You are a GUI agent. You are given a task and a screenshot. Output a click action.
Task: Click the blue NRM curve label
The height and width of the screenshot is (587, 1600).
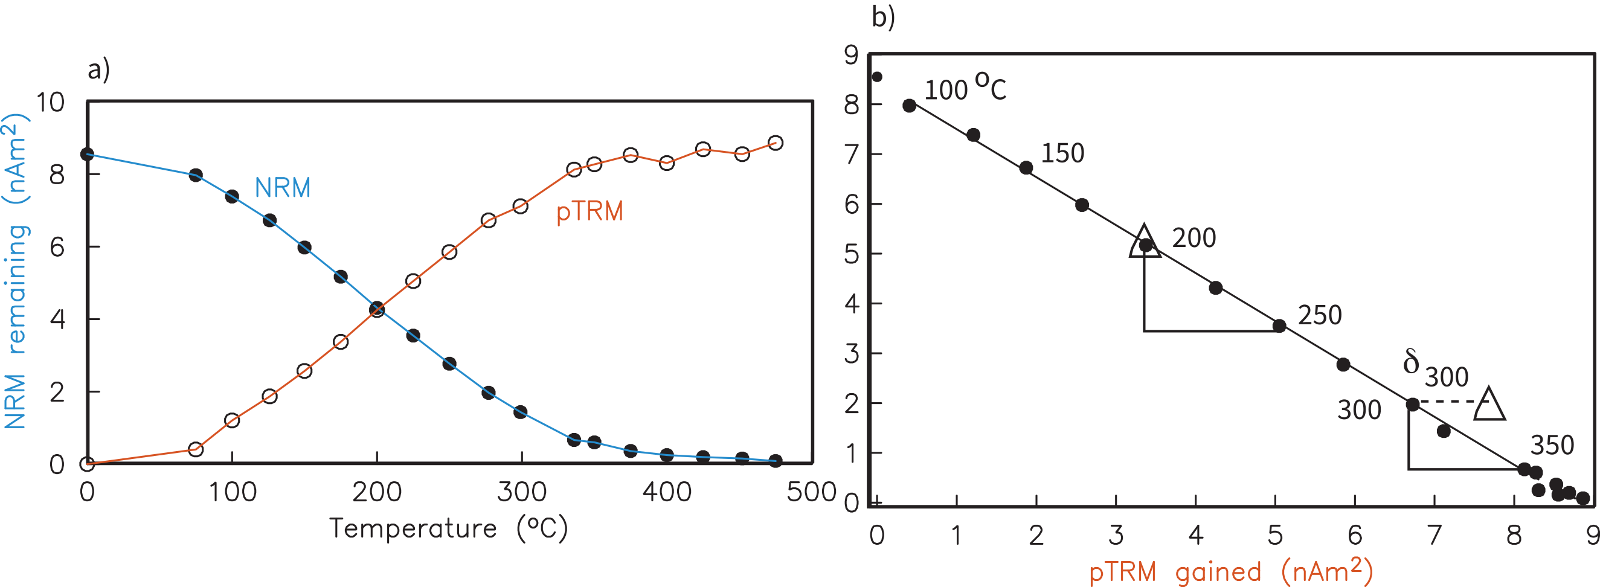pos(283,188)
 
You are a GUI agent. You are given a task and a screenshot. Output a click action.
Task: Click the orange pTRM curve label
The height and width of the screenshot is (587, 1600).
pos(589,212)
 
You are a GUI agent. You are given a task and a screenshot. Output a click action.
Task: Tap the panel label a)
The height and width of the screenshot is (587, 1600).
pos(98,69)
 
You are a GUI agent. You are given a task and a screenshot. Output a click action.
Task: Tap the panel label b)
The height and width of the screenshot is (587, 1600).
pos(882,17)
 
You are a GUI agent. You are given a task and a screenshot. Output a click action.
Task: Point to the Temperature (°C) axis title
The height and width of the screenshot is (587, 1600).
pos(448,528)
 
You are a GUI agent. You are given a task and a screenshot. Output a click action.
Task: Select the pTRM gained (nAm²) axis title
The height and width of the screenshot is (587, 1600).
pos(1230,571)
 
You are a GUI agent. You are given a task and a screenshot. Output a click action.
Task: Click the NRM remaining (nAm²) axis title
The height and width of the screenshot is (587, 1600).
pos(16,271)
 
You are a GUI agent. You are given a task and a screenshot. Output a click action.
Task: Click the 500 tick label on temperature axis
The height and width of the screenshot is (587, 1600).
pos(811,492)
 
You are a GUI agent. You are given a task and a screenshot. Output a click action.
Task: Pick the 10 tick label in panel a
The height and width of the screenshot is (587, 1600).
pos(50,103)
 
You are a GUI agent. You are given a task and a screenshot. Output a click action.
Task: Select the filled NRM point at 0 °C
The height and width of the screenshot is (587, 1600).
pos(87,154)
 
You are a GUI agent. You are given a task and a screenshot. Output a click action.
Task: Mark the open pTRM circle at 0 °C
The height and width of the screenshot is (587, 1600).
pos(87,463)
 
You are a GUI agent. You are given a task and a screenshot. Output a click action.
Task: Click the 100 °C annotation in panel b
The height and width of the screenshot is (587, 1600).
pos(965,88)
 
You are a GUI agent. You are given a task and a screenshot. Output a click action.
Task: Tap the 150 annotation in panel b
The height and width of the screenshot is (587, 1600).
pos(1062,153)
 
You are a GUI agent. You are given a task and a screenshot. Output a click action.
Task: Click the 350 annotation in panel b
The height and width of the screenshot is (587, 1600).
pos(1552,445)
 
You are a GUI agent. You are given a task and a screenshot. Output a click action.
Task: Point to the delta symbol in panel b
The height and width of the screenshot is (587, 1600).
pos(1410,362)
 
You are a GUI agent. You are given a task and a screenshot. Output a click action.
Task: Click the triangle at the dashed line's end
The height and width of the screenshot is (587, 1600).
pos(1489,406)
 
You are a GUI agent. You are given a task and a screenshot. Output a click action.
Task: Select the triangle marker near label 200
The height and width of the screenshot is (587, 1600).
pos(1144,242)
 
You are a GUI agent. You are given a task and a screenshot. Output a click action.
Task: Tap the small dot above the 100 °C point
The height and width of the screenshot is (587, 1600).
pos(877,77)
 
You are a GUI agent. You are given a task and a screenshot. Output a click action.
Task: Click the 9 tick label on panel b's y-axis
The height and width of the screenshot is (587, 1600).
pos(851,56)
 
